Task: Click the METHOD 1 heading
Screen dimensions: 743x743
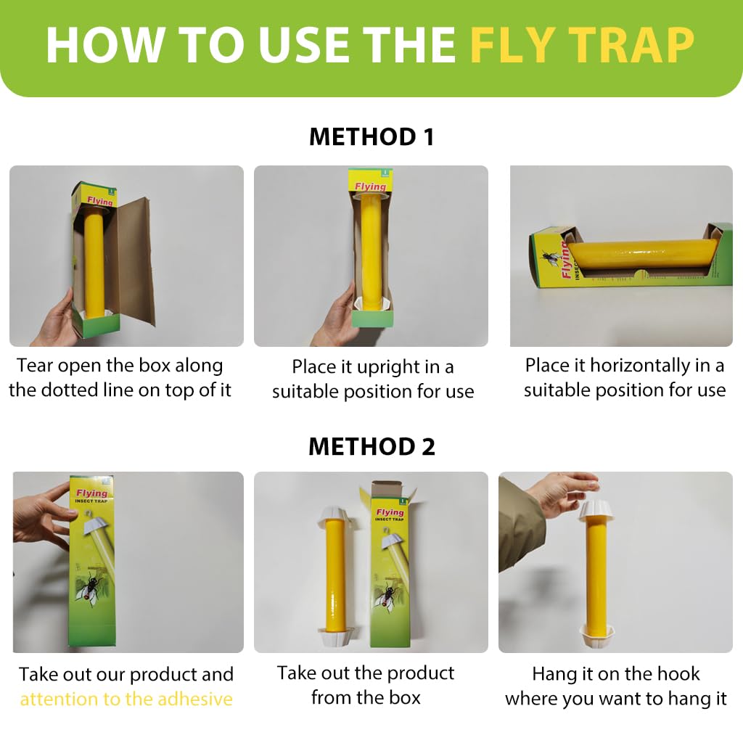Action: tap(371, 136)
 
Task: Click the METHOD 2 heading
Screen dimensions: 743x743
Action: tap(371, 446)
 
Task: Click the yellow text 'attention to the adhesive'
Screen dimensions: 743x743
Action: tap(126, 699)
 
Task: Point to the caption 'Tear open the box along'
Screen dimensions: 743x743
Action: tap(120, 365)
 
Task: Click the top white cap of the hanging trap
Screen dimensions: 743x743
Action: tap(595, 510)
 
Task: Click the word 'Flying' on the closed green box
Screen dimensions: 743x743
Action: tap(91, 493)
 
